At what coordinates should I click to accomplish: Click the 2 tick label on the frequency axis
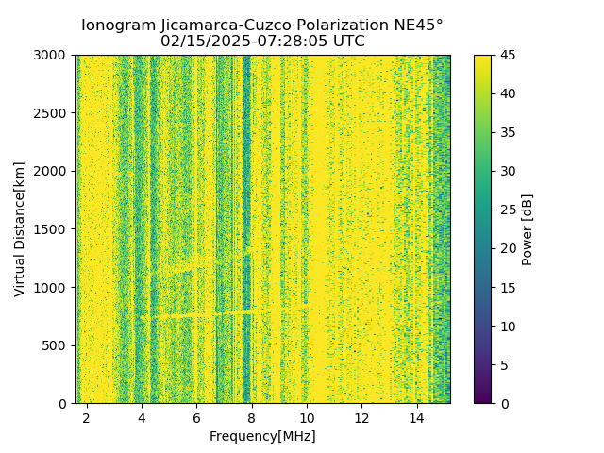coord(87,416)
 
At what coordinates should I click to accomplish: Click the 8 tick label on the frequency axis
coord(252,416)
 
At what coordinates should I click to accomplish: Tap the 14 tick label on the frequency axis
coord(416,416)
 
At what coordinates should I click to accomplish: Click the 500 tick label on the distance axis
coord(58,345)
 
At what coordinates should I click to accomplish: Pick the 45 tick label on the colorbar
coord(508,56)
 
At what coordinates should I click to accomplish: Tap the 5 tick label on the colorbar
coord(504,365)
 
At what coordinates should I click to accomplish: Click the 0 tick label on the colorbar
coord(504,404)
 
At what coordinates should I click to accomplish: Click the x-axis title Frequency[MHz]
coord(262,436)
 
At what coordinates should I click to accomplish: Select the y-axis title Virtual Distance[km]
coord(20,229)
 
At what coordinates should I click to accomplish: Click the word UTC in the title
coord(347,42)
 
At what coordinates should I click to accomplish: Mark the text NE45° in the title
coord(419,25)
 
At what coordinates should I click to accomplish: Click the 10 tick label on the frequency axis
coord(307,416)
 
